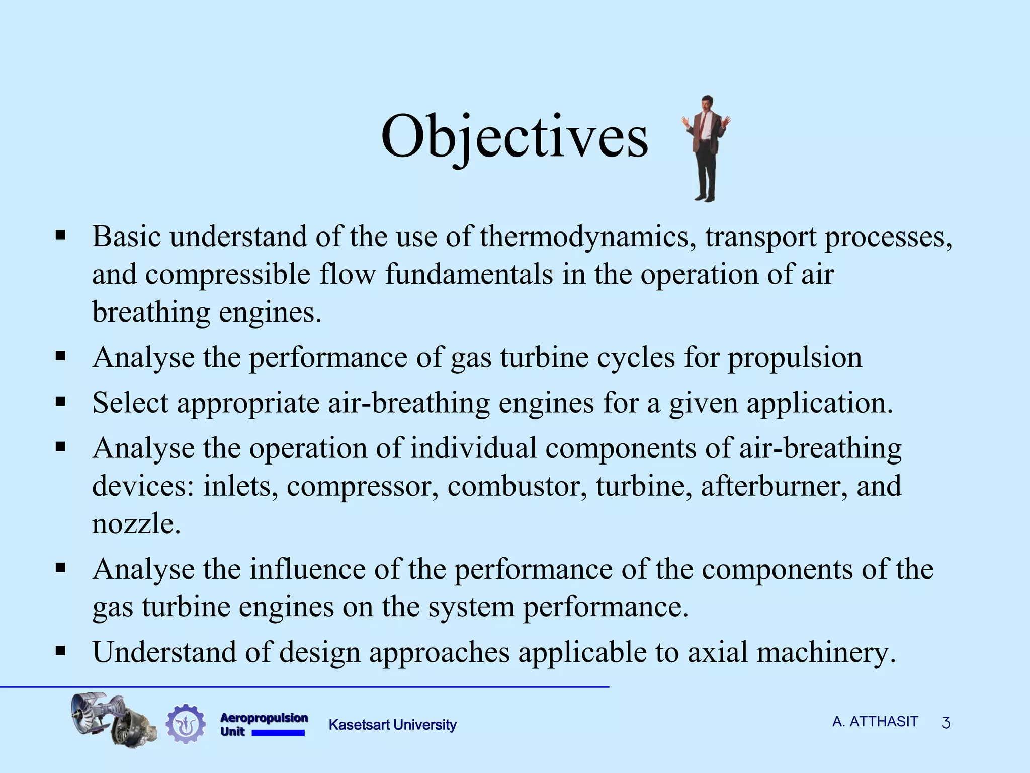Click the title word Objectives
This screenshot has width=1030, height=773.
pyautogui.click(x=514, y=137)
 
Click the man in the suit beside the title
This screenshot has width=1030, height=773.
pyautogui.click(x=706, y=148)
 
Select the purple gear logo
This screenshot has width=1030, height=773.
pyautogui.click(x=186, y=724)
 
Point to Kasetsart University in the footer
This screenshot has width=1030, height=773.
pyautogui.click(x=392, y=725)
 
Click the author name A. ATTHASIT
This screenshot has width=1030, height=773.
pyautogui.click(x=875, y=722)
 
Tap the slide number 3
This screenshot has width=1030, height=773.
pyautogui.click(x=946, y=723)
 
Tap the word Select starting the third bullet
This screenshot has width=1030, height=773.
pyautogui.click(x=130, y=403)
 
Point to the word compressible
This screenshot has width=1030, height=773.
pyautogui.click(x=228, y=275)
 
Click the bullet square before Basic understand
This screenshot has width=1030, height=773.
pyautogui.click(x=61, y=235)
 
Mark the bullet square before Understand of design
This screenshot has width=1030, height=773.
pyautogui.click(x=61, y=651)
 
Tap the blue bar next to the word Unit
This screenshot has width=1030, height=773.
pyautogui.click(x=278, y=733)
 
